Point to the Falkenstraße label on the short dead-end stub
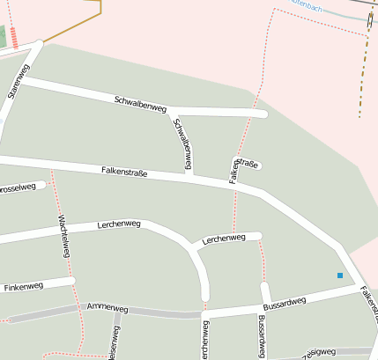pos(246,165)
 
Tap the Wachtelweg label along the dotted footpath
pos(63,235)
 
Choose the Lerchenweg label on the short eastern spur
pos(223,239)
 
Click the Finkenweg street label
pos(24,287)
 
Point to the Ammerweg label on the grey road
pos(107,308)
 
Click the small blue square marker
pos(340,276)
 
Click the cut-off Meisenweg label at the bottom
pos(114,344)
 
